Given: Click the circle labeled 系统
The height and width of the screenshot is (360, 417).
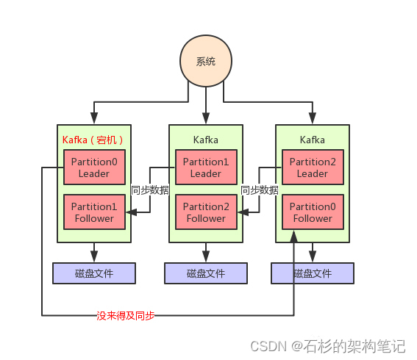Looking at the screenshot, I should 206,62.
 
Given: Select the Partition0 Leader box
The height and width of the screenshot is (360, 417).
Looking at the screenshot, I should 94,168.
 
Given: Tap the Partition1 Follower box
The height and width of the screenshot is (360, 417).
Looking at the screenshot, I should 94,212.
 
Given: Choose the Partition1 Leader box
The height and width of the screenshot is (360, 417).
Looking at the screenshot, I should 206,168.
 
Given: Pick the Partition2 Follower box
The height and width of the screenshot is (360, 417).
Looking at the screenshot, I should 206,212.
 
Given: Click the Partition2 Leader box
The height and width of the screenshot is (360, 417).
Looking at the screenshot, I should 313,168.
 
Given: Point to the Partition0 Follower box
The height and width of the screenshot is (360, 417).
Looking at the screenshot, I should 313,212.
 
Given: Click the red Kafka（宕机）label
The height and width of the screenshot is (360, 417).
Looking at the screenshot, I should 93,140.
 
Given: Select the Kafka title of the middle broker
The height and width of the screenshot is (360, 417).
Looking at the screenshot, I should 206,140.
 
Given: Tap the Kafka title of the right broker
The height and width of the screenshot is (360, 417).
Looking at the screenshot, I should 313,140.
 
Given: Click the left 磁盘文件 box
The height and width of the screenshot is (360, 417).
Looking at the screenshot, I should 94,273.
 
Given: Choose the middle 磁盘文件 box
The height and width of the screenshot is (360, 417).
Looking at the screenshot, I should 206,273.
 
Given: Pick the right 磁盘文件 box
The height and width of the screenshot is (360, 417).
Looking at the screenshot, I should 313,273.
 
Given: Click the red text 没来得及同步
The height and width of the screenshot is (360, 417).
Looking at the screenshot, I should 126,316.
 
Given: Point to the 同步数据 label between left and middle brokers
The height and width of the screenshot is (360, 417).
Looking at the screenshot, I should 149,190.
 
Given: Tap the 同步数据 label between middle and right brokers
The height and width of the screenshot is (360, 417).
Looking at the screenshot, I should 260,190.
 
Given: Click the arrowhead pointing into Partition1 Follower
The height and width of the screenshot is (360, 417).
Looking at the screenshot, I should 130,212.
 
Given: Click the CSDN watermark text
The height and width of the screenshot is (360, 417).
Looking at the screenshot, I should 327,345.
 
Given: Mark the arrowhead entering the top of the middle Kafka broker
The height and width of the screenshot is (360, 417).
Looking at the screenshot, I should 206,120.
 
